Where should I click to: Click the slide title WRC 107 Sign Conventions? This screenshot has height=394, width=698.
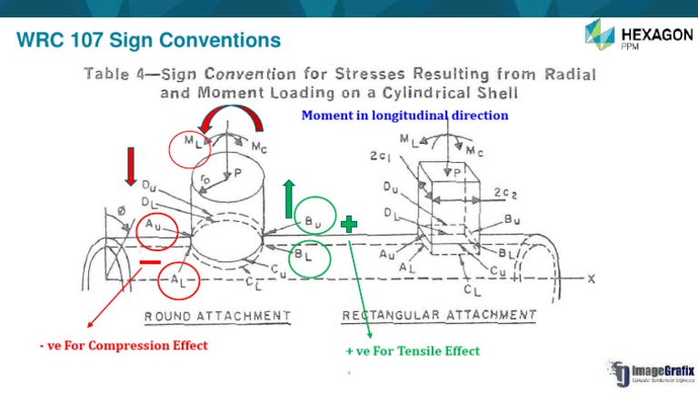(148, 41)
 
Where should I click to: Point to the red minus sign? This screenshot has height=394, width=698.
(151, 263)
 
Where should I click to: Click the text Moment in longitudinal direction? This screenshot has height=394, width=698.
(404, 116)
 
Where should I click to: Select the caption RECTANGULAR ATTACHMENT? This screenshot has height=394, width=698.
(439, 315)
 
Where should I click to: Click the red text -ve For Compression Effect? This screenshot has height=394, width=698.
(135, 346)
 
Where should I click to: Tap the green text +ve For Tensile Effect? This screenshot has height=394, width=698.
(412, 350)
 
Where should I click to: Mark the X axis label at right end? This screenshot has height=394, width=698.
(591, 278)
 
